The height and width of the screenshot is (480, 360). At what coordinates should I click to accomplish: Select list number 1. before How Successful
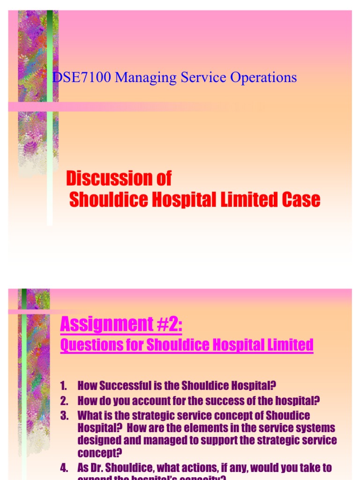[64, 386]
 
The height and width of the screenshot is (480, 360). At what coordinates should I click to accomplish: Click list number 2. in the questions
[64, 401]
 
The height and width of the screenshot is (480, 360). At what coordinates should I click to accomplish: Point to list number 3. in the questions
[64, 415]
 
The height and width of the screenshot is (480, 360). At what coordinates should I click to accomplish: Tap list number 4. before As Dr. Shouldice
[64, 468]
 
